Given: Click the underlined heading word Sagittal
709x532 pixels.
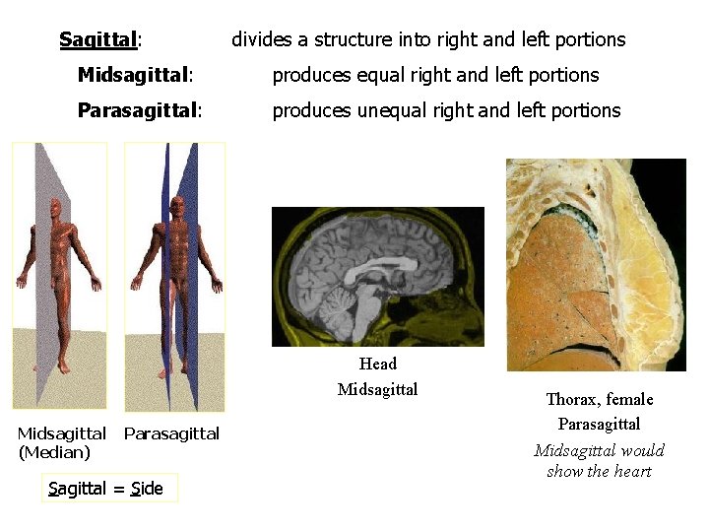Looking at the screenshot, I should click(x=97, y=40).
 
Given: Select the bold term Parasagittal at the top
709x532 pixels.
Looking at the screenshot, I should click(x=137, y=110).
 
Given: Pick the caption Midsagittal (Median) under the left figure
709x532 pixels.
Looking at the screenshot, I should click(x=61, y=442).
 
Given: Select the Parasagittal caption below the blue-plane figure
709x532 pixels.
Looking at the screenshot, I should click(x=172, y=433).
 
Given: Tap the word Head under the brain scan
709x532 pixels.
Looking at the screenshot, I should click(x=378, y=365).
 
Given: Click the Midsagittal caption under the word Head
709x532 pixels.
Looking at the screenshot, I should click(x=377, y=389).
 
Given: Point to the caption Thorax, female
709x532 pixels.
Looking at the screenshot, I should click(x=599, y=399).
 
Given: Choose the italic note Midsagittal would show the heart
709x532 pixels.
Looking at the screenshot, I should click(x=599, y=460).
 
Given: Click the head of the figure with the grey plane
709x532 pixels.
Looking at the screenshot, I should click(x=56, y=208).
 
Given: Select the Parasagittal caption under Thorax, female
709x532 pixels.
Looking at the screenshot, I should click(x=599, y=424).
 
